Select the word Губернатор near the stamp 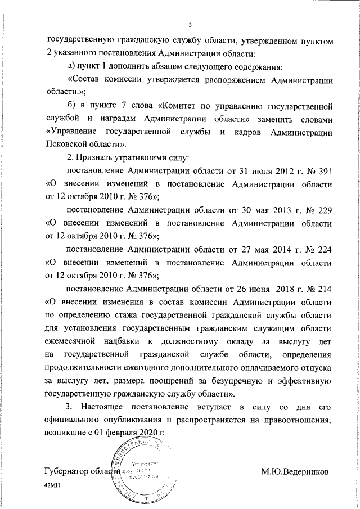click(67, 470)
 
